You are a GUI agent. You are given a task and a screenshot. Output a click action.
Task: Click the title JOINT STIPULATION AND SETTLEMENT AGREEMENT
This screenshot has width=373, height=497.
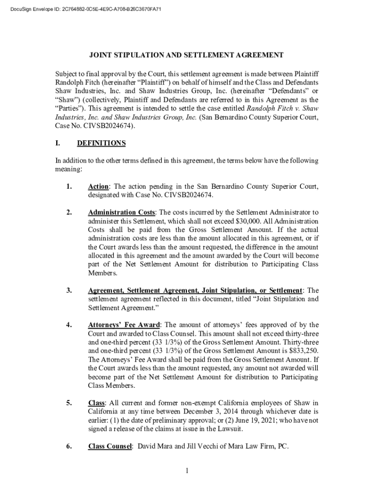click(x=186, y=55)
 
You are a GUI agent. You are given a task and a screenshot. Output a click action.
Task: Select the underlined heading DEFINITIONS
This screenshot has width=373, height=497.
click(x=101, y=143)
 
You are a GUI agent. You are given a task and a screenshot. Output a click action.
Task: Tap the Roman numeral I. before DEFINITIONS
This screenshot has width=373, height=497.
click(x=58, y=143)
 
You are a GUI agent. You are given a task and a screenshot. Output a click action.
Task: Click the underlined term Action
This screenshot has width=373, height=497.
click(x=98, y=186)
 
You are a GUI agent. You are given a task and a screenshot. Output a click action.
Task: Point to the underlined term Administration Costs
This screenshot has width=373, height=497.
click(x=122, y=212)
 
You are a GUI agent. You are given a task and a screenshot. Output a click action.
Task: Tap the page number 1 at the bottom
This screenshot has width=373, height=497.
click(x=186, y=470)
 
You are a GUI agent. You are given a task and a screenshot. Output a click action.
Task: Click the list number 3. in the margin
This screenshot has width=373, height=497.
click(x=69, y=290)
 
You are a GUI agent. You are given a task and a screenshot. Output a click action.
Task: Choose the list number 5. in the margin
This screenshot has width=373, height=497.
click(x=69, y=403)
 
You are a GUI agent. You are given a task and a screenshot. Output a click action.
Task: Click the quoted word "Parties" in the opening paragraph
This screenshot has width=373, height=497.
click(x=68, y=108)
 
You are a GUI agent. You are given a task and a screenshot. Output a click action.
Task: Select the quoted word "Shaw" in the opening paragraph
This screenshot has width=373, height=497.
click(x=66, y=99)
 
